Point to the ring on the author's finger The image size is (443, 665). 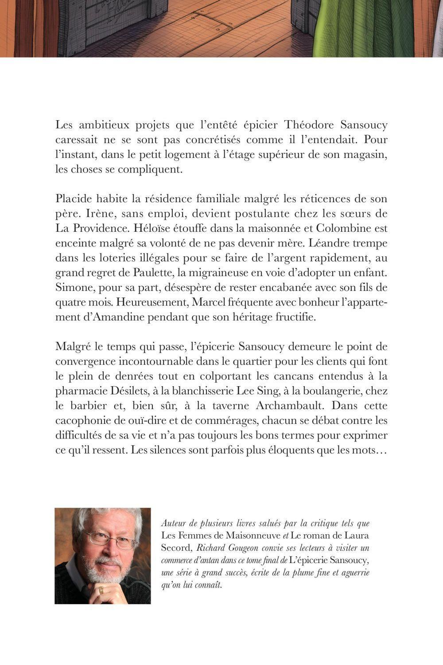coord(101,590)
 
